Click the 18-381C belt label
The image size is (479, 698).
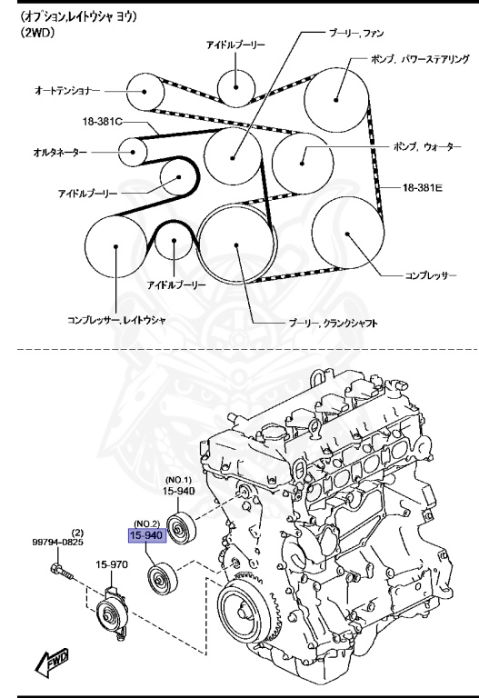coord(101,121)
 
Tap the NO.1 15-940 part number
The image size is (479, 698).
coord(180,491)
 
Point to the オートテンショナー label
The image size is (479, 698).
coord(66,91)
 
